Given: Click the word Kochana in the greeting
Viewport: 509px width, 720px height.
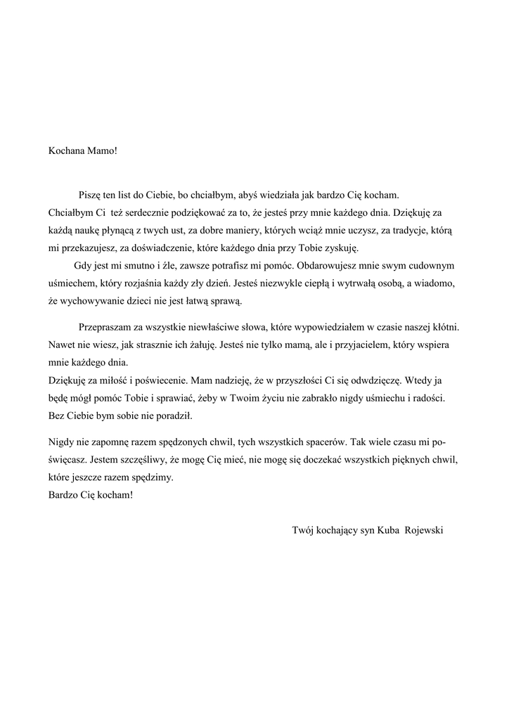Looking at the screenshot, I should [x=66, y=150].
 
